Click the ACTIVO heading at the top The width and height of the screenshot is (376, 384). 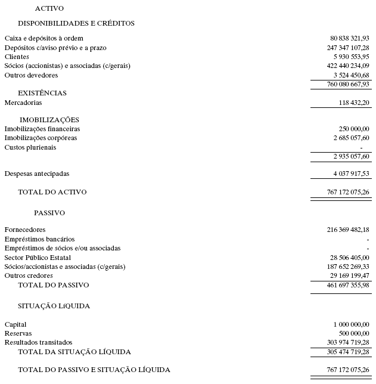tap(49, 8)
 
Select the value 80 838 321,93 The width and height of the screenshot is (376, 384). tap(349, 38)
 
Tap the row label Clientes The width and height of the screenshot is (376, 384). tap(17, 57)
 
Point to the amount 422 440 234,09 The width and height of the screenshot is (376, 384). tap(347, 66)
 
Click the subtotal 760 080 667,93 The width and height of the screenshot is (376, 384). tap(347, 84)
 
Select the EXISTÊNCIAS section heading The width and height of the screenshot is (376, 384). tap(42, 93)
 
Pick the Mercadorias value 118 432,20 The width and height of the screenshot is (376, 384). tap(353, 103)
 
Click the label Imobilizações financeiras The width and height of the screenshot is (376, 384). tap(42, 129)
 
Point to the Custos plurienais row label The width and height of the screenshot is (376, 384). tap(30, 147)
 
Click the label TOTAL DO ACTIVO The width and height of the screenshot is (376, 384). tap(52, 192)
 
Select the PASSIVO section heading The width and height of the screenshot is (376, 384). tap(49, 212)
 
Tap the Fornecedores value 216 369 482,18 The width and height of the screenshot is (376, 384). tap(347, 230)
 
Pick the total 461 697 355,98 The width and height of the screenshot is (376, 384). tap(347, 284)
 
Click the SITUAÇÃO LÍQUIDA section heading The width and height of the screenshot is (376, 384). tap(54, 306)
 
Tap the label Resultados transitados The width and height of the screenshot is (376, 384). tap(38, 342)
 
